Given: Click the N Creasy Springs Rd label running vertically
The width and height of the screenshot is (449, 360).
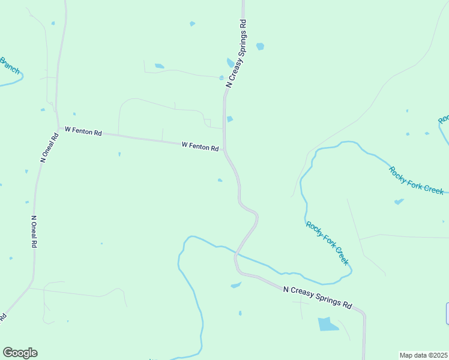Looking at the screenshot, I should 237,53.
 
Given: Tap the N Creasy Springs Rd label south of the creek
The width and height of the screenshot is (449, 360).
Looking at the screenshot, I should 318,297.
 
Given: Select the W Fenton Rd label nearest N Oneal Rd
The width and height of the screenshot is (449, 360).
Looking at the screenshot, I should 83,130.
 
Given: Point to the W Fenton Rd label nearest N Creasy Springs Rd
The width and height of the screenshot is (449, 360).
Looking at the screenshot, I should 200,146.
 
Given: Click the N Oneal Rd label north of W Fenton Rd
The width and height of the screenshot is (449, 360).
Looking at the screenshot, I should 49,147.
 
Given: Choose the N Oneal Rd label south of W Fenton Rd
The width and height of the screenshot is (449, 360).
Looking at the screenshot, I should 34,232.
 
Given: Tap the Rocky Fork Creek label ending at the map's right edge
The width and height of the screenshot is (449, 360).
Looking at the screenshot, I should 416,179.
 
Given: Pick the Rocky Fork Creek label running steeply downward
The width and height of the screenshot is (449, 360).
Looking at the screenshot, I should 327,243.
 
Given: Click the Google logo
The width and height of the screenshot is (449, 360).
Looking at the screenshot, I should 20,353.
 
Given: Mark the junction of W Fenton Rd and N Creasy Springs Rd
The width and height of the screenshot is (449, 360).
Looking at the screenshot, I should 224,149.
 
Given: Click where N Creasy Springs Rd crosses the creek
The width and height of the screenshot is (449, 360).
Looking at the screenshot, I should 236,254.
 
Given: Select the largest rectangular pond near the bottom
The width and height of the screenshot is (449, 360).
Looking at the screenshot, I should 328,324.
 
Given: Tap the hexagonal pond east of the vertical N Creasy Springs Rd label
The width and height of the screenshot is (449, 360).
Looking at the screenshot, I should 260,46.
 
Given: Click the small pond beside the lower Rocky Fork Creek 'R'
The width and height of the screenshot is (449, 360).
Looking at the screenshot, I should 399,202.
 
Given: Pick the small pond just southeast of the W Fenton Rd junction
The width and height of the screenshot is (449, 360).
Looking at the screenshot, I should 220,179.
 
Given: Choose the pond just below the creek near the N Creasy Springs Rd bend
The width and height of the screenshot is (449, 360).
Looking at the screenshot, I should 236,285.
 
